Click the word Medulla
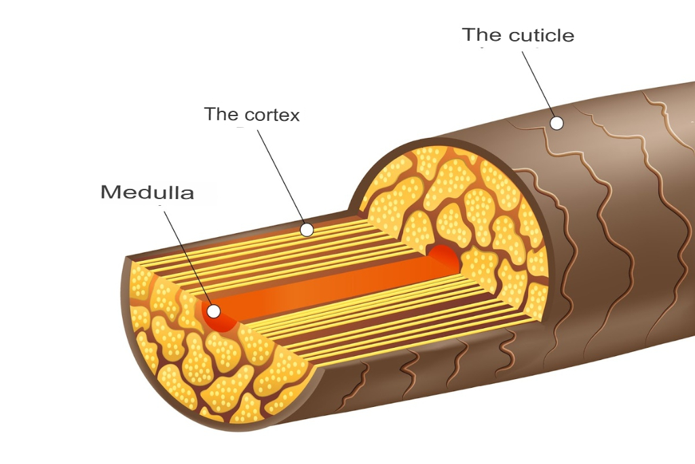point(147,192)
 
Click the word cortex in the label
point(271,115)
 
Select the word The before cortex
point(221,114)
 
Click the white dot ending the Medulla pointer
point(214,311)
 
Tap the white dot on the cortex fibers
point(307,230)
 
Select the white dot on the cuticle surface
point(557,123)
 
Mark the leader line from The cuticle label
point(538,85)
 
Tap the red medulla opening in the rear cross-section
point(445,260)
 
